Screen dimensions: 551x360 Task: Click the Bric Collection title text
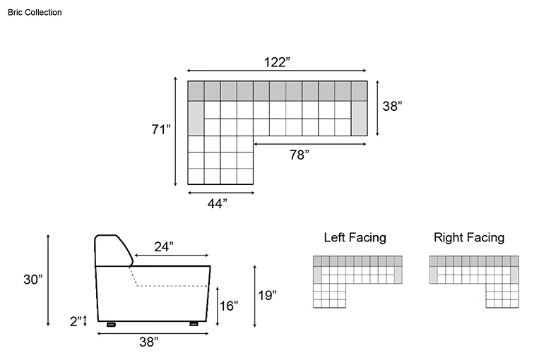(x=35, y=12)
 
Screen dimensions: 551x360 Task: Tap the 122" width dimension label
(x=277, y=62)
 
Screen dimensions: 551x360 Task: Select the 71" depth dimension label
(x=161, y=129)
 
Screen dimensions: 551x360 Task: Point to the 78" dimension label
(x=300, y=155)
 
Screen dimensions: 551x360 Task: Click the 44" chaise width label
(x=217, y=203)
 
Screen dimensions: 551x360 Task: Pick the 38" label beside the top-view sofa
(x=392, y=106)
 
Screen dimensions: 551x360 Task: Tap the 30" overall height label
(x=33, y=280)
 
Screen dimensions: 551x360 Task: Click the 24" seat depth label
(x=164, y=247)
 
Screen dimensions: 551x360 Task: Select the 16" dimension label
(x=229, y=306)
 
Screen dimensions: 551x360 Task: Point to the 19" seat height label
(x=268, y=295)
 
